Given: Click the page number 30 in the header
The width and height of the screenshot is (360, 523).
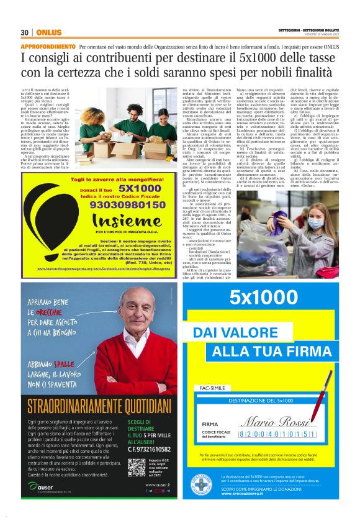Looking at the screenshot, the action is [x=25, y=32].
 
